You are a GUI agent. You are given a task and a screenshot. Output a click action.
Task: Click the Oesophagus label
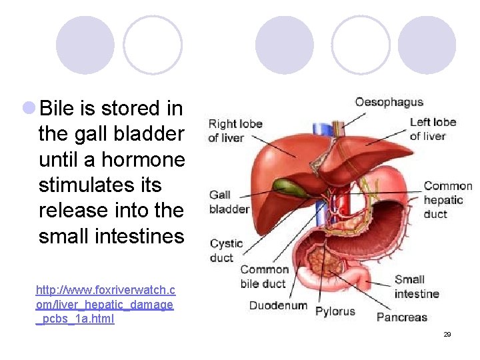pyautogui.click(x=389, y=102)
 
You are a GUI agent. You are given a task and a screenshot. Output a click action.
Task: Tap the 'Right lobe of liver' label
pyautogui.click(x=235, y=131)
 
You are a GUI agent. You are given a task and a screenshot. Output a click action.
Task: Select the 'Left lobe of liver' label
pyautogui.click(x=433, y=129)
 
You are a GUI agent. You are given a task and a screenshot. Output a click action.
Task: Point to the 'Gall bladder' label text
pyautogui.click(x=229, y=201)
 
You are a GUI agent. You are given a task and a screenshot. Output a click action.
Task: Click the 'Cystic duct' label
pyautogui.click(x=226, y=250)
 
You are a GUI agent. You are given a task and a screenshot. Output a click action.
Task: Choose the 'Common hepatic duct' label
pyautogui.click(x=447, y=199)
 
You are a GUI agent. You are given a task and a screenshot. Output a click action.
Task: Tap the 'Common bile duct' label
pyautogui.click(x=264, y=277)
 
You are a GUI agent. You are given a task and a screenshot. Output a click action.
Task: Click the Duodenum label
pyautogui.click(x=278, y=306)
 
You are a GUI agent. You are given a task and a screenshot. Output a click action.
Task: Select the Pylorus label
pyautogui.click(x=335, y=311)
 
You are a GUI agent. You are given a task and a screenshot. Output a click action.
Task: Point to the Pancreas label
pyautogui.click(x=401, y=317)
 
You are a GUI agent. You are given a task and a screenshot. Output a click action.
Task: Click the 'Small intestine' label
pyautogui.click(x=416, y=287)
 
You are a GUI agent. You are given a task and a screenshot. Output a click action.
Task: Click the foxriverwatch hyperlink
pyautogui.click(x=105, y=304)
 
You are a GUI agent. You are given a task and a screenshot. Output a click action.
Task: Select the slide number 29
pyautogui.click(x=447, y=334)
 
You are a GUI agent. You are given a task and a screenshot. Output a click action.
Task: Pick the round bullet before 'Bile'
pyautogui.click(x=29, y=107)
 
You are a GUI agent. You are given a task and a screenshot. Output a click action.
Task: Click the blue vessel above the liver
pyautogui.click(x=322, y=124)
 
